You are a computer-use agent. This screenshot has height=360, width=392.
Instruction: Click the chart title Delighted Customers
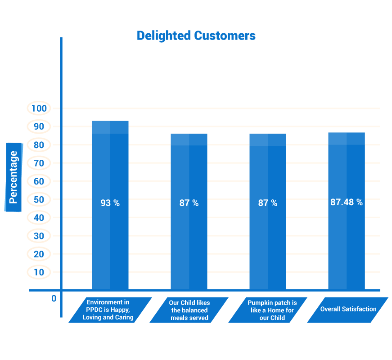click(x=196, y=36)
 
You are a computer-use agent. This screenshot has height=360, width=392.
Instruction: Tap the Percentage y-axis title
click(x=13, y=177)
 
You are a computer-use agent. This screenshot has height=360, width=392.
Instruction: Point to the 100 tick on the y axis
click(x=39, y=108)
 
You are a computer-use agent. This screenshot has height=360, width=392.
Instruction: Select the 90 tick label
click(x=39, y=127)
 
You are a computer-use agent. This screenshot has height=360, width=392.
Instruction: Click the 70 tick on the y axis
click(x=39, y=163)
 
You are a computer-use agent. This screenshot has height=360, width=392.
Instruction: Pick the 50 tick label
click(x=39, y=200)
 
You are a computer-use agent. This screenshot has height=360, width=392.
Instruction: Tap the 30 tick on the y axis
click(x=39, y=236)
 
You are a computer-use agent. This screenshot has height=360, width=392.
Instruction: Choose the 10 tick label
click(x=39, y=273)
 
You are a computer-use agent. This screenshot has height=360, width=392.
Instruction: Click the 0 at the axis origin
click(x=54, y=298)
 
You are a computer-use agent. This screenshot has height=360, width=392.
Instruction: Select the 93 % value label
click(x=110, y=203)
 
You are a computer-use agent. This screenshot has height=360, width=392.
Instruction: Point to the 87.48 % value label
click(x=347, y=202)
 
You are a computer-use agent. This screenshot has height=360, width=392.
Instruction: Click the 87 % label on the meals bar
click(x=189, y=203)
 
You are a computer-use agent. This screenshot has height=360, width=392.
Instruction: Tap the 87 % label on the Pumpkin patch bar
click(x=268, y=203)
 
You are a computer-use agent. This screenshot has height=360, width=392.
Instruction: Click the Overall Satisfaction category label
click(x=348, y=309)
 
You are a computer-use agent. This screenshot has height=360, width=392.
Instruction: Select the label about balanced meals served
click(x=189, y=310)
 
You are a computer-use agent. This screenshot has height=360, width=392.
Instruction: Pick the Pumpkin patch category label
click(x=272, y=310)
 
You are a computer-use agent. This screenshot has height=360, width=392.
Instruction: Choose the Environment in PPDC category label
click(x=108, y=310)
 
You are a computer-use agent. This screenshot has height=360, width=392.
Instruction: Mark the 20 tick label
click(x=39, y=254)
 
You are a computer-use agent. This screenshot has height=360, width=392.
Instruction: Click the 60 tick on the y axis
click(x=39, y=181)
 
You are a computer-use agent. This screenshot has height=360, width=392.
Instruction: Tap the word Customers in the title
click(x=225, y=36)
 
